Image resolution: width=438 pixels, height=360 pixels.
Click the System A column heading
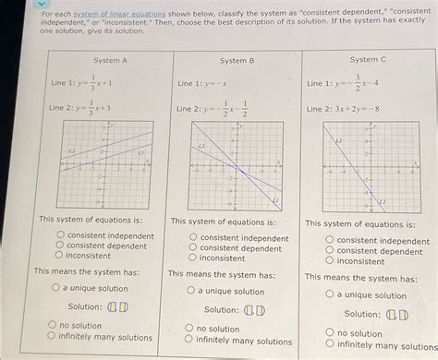pyautogui.click(x=111, y=60)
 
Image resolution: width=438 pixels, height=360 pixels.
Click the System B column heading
pyautogui.click(x=237, y=60)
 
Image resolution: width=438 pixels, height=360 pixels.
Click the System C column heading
pyautogui.click(x=368, y=59)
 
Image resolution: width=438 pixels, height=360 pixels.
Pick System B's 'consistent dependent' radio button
pyautogui.click(x=192, y=248)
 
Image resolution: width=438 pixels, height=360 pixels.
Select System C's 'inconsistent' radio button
pyautogui.click(x=329, y=261)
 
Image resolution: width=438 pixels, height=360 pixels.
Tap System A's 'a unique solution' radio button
pyautogui.click(x=56, y=288)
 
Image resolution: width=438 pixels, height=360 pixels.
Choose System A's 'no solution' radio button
pyautogui.click(x=53, y=325)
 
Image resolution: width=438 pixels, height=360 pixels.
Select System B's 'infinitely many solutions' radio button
pyautogui.click(x=190, y=340)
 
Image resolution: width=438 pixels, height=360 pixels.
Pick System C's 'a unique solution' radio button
pyautogui.click(x=329, y=295)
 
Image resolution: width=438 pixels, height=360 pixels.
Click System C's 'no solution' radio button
pyautogui.click(x=329, y=333)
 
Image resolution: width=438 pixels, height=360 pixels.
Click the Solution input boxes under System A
pyautogui.click(x=117, y=306)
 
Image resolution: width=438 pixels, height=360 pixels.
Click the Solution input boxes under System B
pyautogui.click(x=254, y=309)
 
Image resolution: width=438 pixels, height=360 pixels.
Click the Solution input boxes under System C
pyautogui.click(x=397, y=314)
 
